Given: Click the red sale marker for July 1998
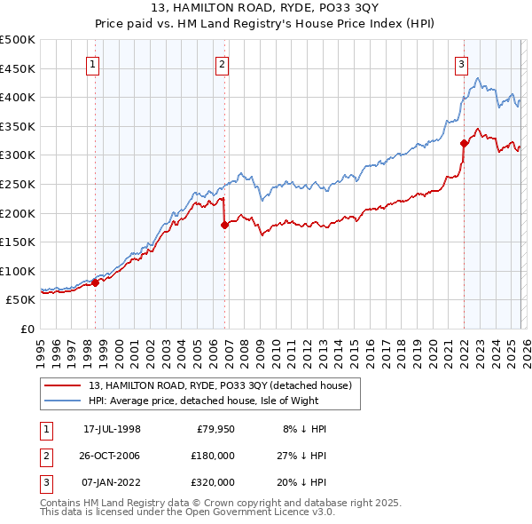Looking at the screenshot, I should (96, 283).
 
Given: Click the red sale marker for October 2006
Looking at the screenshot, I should (224, 226).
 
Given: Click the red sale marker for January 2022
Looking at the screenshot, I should (464, 143).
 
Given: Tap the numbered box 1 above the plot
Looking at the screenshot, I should (93, 63).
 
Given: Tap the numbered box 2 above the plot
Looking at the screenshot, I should (222, 63).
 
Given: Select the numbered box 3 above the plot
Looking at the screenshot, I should (462, 63).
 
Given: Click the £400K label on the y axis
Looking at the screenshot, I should (18, 98).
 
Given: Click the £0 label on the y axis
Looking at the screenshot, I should (27, 329).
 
